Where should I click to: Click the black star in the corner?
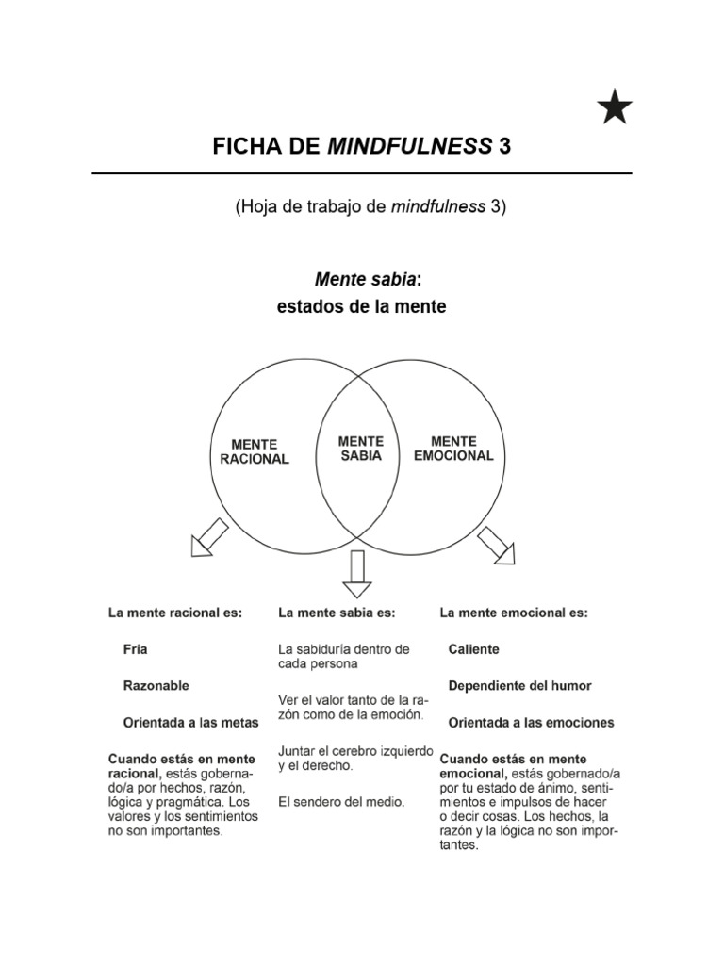point(615,109)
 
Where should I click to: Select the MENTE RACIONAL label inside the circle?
point(255,451)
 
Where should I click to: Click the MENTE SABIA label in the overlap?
point(361,448)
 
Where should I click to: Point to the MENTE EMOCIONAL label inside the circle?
point(453,448)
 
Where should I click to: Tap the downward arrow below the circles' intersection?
point(357,574)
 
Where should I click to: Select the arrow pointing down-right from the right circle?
point(496,545)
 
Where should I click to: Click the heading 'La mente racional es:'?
point(175,613)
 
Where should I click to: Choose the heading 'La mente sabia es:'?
point(337,613)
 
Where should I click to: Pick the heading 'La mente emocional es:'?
point(514,613)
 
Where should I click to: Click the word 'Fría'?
point(136,649)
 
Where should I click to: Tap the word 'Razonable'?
point(156,686)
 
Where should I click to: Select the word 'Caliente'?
point(474,649)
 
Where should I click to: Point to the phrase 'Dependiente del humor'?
point(520,686)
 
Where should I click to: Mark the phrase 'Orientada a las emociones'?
point(531,723)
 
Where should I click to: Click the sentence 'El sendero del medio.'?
point(341,802)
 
